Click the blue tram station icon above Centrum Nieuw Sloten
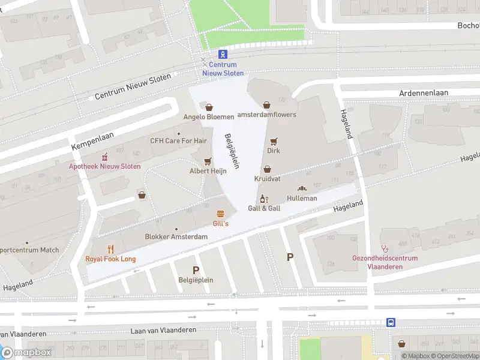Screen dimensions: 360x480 click(x=223, y=54)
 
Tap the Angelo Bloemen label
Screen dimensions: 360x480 click(x=208, y=116)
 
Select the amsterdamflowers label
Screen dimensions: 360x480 click(x=267, y=115)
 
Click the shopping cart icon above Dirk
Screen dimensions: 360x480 click(x=274, y=142)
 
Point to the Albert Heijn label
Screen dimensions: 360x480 click(x=208, y=171)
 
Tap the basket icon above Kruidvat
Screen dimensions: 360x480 click(x=267, y=170)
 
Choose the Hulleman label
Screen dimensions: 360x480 click(x=302, y=198)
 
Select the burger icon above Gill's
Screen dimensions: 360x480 click(x=221, y=214)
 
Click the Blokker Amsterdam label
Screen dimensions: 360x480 click(x=176, y=237)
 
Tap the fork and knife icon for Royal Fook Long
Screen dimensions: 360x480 click(x=110, y=249)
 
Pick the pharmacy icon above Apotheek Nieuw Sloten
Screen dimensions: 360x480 click(x=105, y=157)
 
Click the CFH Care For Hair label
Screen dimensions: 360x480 click(x=178, y=141)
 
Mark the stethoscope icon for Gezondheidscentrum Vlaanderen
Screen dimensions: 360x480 click(x=385, y=248)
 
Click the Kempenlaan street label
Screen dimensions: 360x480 click(x=92, y=142)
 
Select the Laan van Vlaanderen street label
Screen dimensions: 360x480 click(x=164, y=331)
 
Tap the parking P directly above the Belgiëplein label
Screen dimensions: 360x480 click(x=196, y=270)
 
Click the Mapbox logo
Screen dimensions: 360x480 click(x=26, y=353)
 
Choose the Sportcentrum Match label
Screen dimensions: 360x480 click(x=29, y=250)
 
